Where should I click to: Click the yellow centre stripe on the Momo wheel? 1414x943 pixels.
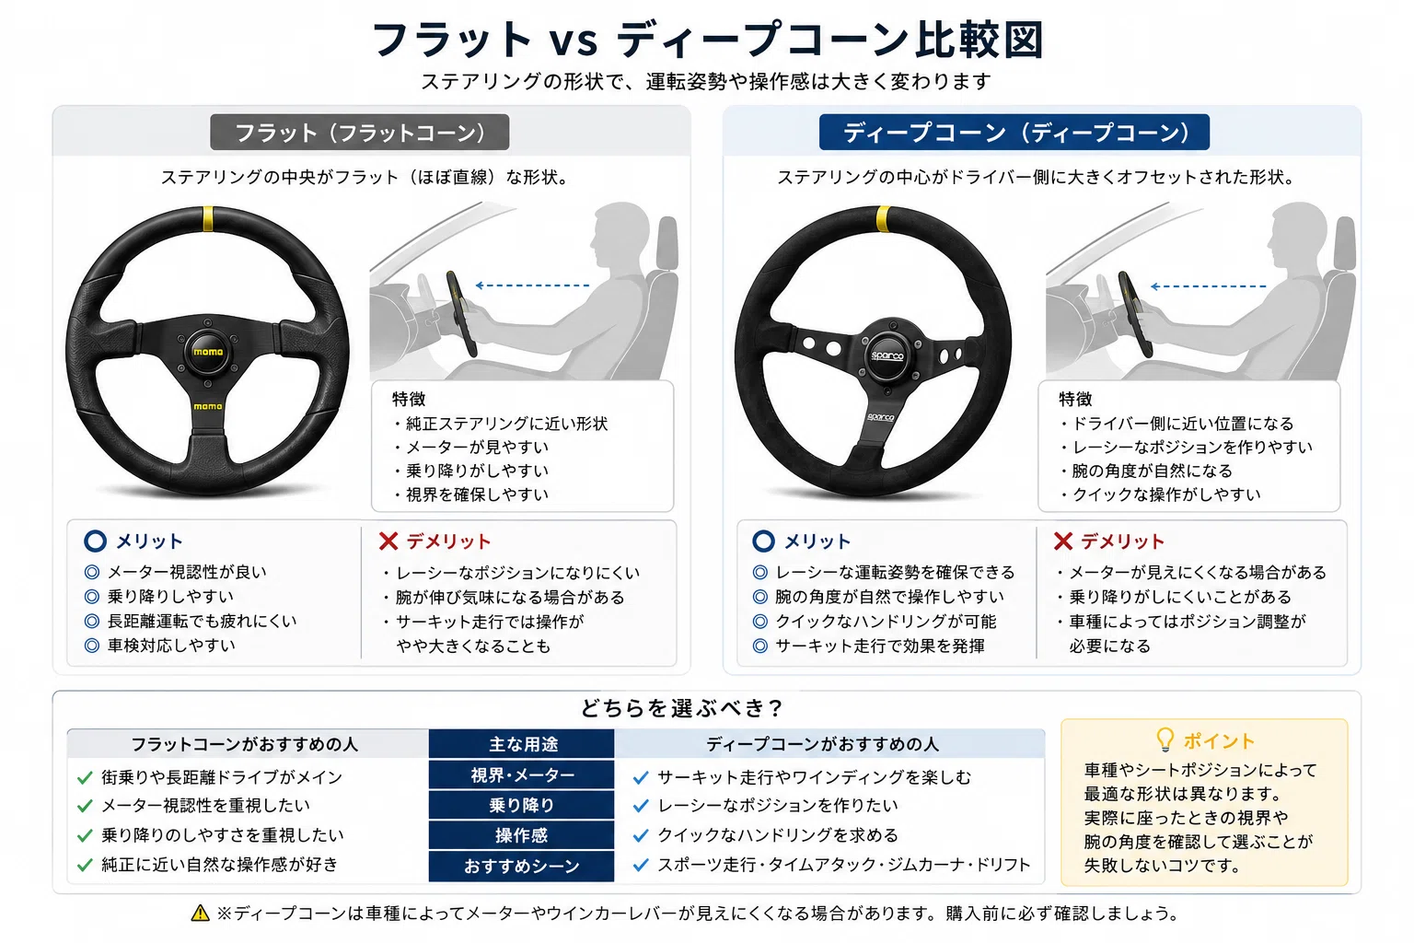208,218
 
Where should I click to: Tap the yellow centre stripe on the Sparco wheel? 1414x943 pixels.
884,218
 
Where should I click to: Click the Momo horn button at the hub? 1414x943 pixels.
208,352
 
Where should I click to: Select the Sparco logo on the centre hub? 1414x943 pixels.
887,355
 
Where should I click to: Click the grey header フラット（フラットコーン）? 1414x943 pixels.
360,132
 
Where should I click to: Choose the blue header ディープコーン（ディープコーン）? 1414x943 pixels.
1014,132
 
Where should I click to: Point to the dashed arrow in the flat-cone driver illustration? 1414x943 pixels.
532,285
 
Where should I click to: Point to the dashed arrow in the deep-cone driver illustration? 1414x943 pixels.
1208,286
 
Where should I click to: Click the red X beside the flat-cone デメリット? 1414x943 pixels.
388,541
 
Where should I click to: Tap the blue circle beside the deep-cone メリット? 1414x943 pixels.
763,541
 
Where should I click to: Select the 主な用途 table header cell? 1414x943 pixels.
521,744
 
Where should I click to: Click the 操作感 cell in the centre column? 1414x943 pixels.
521,835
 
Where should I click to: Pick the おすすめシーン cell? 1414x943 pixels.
521,866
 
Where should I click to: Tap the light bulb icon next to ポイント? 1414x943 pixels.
1165,739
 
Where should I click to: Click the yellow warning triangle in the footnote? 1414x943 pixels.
200,913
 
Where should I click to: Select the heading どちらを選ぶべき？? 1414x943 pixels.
682,708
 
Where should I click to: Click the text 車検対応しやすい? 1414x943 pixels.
171,645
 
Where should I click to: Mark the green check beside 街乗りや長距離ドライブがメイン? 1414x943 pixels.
85,777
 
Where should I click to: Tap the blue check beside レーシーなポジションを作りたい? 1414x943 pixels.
641,806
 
